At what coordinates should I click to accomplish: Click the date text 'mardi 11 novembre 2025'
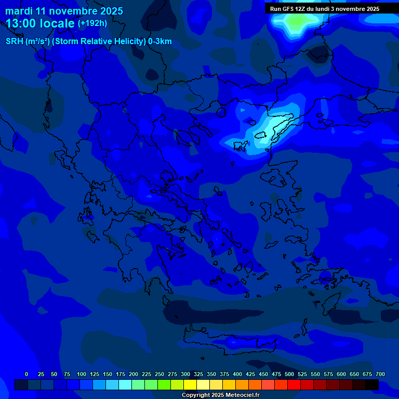pos(64,11)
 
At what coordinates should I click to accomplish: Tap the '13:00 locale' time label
pos(40,23)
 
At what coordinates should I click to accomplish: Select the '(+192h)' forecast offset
pos(92,23)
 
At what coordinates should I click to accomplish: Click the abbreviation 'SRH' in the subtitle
pos(15,42)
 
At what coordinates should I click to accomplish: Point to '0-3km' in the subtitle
pos(160,42)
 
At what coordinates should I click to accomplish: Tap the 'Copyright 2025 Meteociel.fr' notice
pos(220,395)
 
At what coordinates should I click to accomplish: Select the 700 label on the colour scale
pos(380,374)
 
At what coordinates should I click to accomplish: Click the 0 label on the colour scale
pos(26,374)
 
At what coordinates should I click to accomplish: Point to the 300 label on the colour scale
pos(185,374)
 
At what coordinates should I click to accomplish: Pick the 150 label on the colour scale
pos(108,374)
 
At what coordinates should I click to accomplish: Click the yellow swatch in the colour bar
pos(190,385)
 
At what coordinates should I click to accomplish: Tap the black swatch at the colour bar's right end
pos(372,385)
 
